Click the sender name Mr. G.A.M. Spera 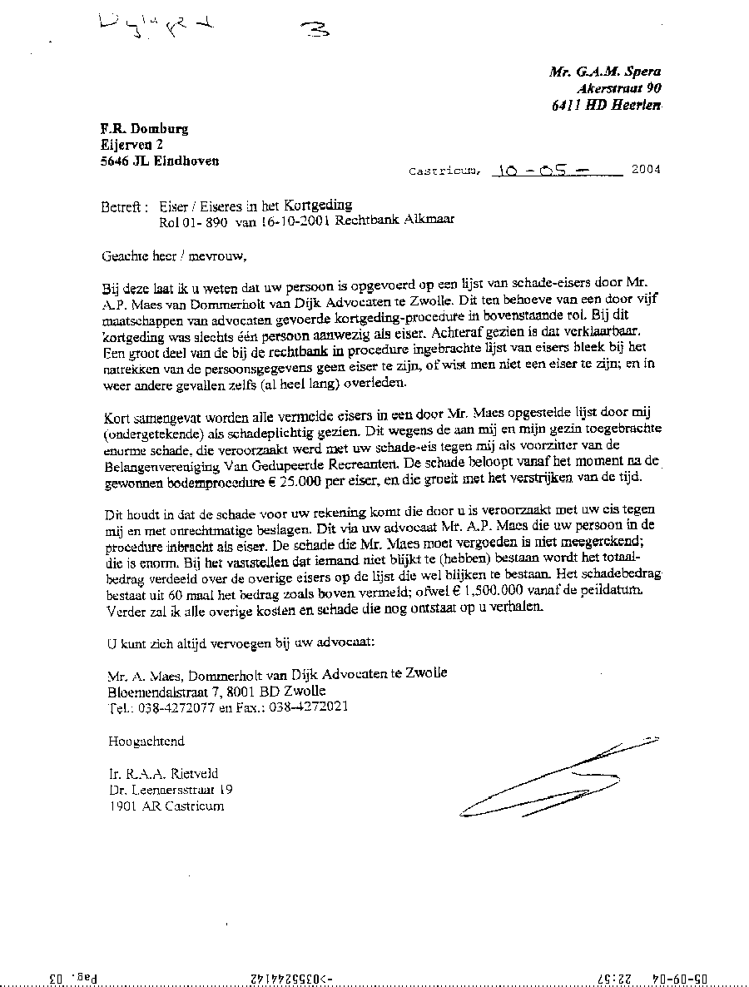point(605,72)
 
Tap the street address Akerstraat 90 point(619,88)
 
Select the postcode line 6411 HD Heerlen point(606,105)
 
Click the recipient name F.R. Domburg point(144,128)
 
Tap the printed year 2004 point(645,170)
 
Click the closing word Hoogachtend point(146,741)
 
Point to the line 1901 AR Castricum point(166,806)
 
